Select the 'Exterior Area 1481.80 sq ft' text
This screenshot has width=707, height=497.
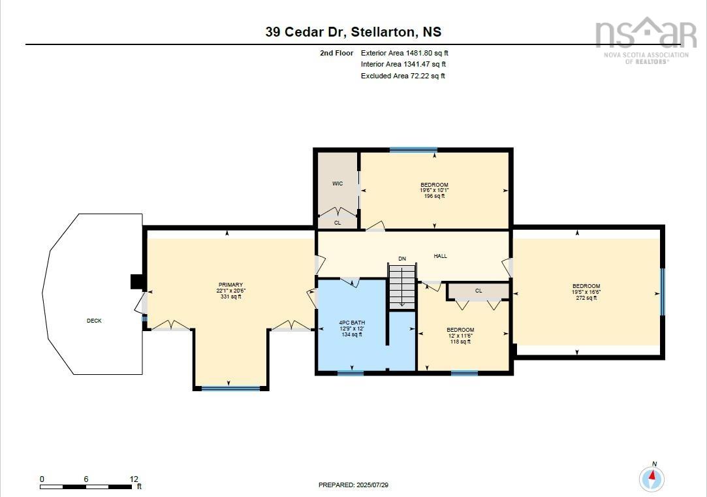point(405,53)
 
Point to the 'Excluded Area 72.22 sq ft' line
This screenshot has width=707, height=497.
point(403,76)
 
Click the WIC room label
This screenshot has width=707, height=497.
point(338,184)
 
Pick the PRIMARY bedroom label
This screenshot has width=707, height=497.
point(230,285)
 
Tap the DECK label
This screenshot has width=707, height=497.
point(94,321)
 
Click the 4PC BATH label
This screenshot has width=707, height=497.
point(351,323)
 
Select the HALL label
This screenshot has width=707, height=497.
point(441,256)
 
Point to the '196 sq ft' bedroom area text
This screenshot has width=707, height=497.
point(434,196)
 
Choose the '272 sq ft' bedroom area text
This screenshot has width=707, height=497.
point(586,298)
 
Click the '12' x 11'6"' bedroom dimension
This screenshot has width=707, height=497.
point(460,336)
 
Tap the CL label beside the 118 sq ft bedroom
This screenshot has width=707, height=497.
point(479,291)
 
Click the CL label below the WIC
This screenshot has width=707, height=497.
point(338,223)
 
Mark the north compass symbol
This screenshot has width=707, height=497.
point(651,478)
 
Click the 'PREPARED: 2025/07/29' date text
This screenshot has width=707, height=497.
point(357,485)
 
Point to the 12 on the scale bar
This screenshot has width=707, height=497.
point(133,479)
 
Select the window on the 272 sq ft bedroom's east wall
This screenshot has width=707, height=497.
point(662,291)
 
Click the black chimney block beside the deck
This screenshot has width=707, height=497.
point(137,281)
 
